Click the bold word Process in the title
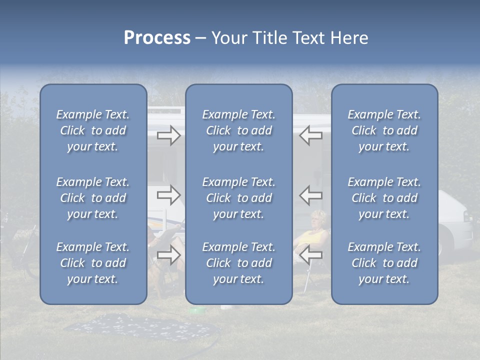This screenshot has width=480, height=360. [157, 38]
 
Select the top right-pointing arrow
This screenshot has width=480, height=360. [169, 135]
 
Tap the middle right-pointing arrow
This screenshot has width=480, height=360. [169, 195]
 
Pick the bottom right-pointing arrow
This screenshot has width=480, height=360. [169, 255]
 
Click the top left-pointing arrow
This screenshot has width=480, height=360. [310, 135]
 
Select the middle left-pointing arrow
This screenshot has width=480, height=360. [310, 195]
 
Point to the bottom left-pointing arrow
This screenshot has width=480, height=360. [310, 255]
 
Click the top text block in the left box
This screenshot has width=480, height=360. [93, 130]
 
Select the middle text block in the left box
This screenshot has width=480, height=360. [93, 198]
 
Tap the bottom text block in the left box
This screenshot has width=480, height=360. [93, 263]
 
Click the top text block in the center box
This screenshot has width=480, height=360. [238, 130]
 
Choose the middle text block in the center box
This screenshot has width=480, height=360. [238, 198]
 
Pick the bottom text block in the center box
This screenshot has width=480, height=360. [238, 263]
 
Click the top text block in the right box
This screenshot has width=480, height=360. [384, 130]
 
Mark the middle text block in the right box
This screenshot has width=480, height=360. [384, 198]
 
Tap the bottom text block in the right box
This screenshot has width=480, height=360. [384, 263]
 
